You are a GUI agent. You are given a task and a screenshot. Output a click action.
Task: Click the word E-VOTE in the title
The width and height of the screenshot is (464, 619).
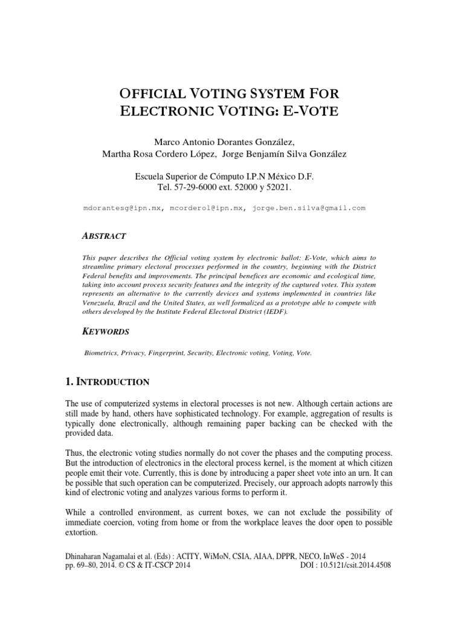pyautogui.click(x=317, y=112)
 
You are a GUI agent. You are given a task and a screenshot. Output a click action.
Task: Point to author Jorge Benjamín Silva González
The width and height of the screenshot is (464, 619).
pyautogui.click(x=285, y=155)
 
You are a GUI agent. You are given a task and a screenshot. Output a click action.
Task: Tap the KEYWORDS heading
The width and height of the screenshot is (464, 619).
pyautogui.click(x=106, y=331)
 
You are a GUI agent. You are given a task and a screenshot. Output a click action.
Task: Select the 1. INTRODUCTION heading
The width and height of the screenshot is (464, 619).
pyautogui.click(x=107, y=382)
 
